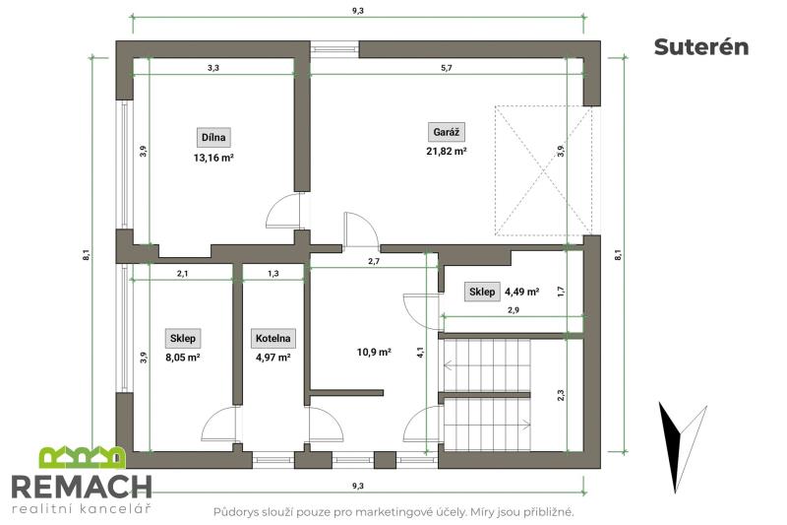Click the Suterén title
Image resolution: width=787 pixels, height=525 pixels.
pos(701,46)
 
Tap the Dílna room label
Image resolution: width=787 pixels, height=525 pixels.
pos(213,137)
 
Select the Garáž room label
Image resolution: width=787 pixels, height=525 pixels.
pos(447,132)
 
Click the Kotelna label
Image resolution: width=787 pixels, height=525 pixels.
pos(273,338)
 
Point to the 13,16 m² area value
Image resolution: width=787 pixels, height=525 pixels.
pos(213,158)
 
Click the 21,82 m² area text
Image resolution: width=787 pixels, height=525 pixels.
pos(447,152)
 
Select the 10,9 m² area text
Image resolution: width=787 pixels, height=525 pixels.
pos(374,353)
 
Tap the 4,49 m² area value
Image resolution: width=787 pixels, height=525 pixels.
pos(522,292)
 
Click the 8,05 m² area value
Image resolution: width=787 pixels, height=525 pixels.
pos(183,358)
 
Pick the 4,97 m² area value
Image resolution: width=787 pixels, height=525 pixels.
pos(273,358)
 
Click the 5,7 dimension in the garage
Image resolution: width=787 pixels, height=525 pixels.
pos(447,68)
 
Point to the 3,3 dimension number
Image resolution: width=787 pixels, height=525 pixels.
pos(213,68)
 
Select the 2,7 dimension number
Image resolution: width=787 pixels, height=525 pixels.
pos(374,261)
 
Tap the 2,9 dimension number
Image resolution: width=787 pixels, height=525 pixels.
pos(514,310)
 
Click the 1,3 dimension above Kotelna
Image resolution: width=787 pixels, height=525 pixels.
pos(273,274)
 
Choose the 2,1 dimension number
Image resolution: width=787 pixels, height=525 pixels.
pos(183,274)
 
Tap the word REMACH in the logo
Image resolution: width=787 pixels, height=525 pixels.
pos(82,487)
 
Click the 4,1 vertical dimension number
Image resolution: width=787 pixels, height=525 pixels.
pos(421,353)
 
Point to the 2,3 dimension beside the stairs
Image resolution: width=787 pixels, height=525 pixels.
pos(561,395)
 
